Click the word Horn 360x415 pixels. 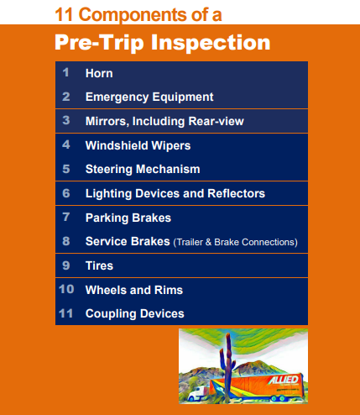point(99,73)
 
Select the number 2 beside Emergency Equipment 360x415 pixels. point(66,97)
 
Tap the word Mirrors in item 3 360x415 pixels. point(107,122)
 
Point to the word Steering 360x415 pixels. point(109,170)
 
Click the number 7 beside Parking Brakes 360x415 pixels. point(66,217)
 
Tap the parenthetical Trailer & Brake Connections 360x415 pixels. point(236,242)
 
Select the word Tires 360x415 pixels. point(99,265)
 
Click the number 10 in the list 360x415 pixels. point(66,289)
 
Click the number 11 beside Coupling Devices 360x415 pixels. point(66,313)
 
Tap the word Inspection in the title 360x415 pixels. point(211,43)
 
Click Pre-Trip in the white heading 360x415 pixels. point(100,43)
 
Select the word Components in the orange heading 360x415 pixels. point(133,15)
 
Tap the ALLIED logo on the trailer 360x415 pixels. point(284,380)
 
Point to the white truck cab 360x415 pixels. point(199,393)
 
